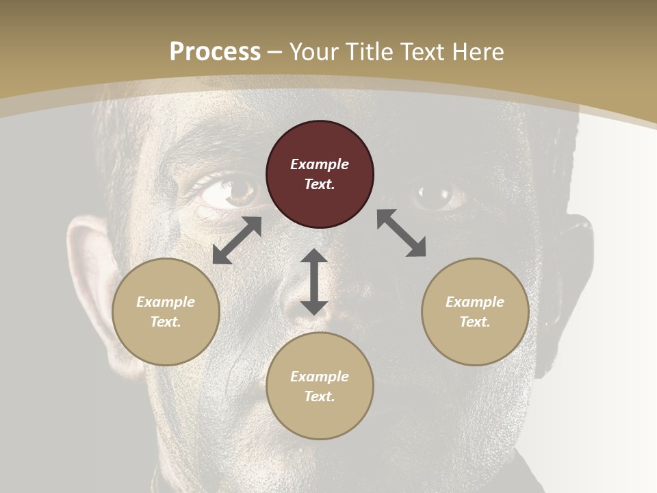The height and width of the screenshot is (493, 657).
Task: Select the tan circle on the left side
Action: (x=166, y=312)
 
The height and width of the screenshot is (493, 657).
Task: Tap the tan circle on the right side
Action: (x=475, y=312)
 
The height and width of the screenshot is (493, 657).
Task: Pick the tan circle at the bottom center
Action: (x=320, y=386)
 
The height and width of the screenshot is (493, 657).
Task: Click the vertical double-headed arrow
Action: (x=314, y=282)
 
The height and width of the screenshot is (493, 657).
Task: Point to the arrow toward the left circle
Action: (x=237, y=240)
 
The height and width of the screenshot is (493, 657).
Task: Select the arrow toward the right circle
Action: (x=401, y=233)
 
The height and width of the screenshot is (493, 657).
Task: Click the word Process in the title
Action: (x=215, y=51)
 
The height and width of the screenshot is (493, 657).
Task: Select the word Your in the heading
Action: (x=313, y=51)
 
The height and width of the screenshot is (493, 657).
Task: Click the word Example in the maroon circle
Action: (x=320, y=164)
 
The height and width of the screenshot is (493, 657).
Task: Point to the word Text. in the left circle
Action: (x=166, y=322)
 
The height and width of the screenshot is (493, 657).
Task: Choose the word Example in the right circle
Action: (x=475, y=302)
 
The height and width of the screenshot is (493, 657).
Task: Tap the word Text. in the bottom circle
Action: (x=320, y=396)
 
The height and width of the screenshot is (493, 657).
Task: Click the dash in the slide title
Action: (x=275, y=52)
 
